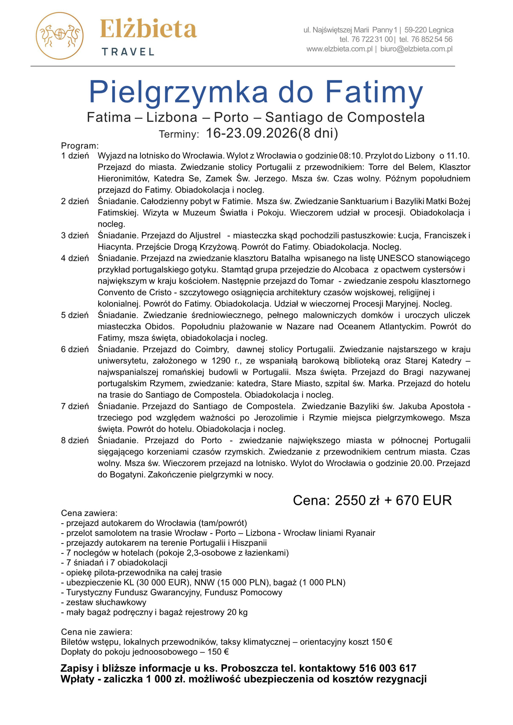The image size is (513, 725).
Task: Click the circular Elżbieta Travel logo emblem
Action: pos(59,36)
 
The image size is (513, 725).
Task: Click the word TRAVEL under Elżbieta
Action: pos(128,52)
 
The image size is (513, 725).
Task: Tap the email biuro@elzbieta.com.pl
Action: pos(416,49)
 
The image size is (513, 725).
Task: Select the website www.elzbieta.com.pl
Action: pos(339,49)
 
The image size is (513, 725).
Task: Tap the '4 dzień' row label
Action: pos(75,258)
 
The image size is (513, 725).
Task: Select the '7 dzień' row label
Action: pos(75,406)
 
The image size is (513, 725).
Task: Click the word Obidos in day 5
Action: pos(159,326)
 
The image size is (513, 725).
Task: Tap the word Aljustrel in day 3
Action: pos(205,235)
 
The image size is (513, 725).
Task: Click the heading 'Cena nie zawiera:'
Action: pos(97,632)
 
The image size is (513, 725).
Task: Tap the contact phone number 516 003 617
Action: pos(387,668)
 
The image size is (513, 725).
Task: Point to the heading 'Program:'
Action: pos(80,146)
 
